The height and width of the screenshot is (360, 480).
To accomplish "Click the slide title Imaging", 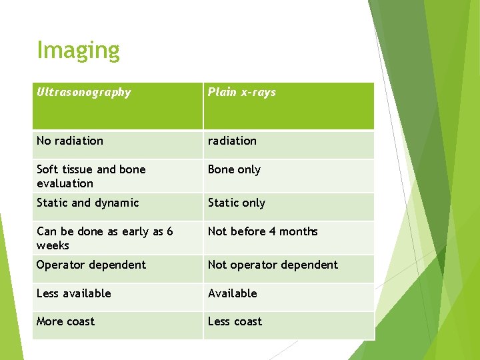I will tap(78, 51).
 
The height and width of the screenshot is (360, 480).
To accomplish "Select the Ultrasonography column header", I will tap(84, 93).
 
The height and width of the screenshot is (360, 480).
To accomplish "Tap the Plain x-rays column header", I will tap(241, 93).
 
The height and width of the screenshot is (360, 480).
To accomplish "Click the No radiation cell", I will tap(70, 141).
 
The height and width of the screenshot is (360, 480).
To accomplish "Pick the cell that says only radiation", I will tap(232, 141).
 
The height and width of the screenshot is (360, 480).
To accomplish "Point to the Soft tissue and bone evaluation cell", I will tap(91, 176).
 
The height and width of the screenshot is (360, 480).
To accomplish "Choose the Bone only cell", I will tap(234, 169).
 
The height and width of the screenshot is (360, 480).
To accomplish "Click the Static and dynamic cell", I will tap(87, 203).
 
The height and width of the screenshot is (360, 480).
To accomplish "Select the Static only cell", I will tap(236, 203).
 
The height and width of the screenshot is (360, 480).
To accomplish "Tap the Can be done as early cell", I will tap(105, 238).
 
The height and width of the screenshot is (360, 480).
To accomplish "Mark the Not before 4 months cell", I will tap(263, 231).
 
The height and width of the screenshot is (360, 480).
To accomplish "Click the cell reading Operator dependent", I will tap(91, 265).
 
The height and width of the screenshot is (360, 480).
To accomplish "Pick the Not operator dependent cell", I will tap(273, 265).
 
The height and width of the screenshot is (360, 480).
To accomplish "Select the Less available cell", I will tap(73, 293).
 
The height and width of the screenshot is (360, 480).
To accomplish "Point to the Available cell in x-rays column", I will tap(232, 293).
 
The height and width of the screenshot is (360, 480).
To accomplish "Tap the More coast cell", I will tap(65, 321).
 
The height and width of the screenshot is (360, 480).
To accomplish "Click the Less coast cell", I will tap(235, 321).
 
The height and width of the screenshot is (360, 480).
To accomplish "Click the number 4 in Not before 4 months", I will tap(272, 231).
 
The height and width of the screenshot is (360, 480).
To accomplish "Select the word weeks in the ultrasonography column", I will tap(53, 245).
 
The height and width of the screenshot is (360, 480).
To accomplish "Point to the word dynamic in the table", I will tap(116, 203).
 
